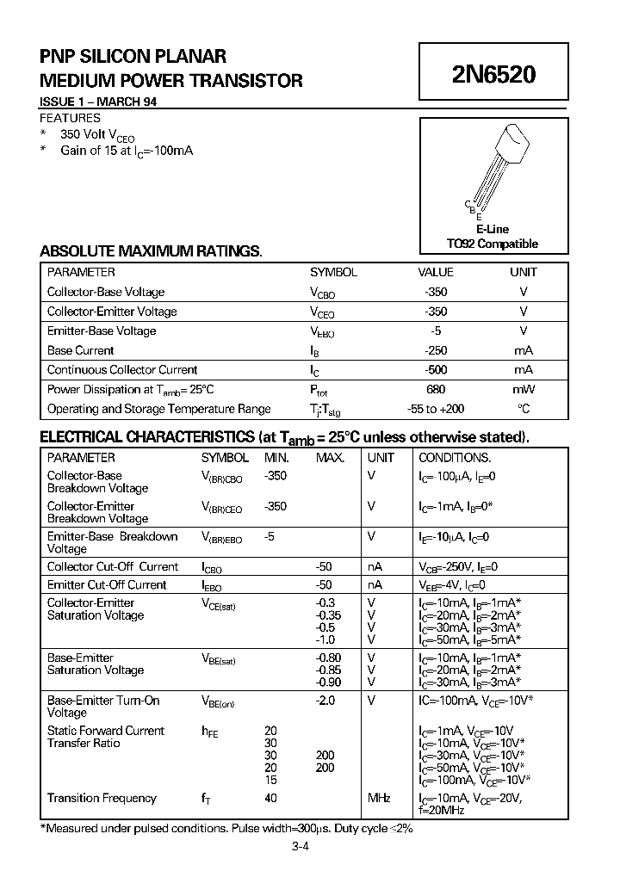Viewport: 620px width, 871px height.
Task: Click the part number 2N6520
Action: tap(493, 75)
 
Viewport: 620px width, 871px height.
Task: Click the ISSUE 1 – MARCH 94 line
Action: tap(98, 102)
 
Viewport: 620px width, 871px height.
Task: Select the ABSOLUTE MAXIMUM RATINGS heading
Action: tap(151, 251)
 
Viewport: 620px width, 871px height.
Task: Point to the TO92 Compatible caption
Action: tap(492, 244)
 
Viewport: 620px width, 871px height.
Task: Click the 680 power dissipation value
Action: tap(436, 389)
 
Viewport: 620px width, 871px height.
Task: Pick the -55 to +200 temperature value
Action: tap(436, 409)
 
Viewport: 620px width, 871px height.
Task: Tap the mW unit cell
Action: tap(523, 389)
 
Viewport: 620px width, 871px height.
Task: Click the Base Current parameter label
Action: tap(80, 350)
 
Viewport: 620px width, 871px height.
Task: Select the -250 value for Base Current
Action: tap(436, 350)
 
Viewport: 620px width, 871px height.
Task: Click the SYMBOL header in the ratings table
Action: tap(333, 272)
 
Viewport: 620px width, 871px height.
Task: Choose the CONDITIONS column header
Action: tap(455, 458)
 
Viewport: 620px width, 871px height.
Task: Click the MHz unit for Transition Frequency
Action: tap(379, 799)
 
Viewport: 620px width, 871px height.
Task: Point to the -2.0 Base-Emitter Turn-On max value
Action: tap(325, 701)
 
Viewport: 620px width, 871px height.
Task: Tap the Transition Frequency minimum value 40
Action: tap(271, 799)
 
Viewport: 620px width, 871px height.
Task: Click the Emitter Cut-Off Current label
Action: tap(106, 584)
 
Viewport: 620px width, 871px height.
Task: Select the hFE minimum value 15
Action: tap(271, 779)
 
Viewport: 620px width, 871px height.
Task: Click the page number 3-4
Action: tap(300, 847)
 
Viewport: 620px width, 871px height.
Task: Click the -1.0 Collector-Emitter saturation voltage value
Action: tap(325, 639)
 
